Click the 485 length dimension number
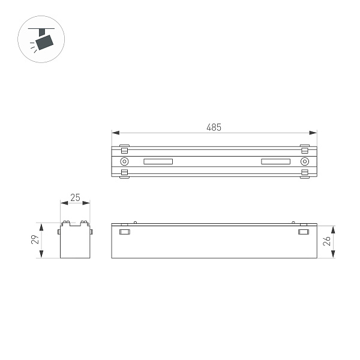click(x=214, y=127)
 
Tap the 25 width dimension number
click(x=76, y=197)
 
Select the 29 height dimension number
click(x=35, y=240)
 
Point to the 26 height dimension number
click(x=327, y=241)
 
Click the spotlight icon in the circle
click(x=41, y=40)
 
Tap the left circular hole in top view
click(x=124, y=161)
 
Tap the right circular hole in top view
click(x=305, y=161)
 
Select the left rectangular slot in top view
click(x=158, y=161)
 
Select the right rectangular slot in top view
click(x=275, y=161)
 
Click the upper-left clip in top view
click(x=124, y=148)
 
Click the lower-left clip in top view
click(x=124, y=174)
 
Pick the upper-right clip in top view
click(x=305, y=148)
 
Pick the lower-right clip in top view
click(x=305, y=174)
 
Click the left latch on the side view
click(x=125, y=232)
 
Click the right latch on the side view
click(x=304, y=232)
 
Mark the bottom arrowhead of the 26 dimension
click(x=334, y=256)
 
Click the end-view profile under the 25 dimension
click(x=75, y=241)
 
